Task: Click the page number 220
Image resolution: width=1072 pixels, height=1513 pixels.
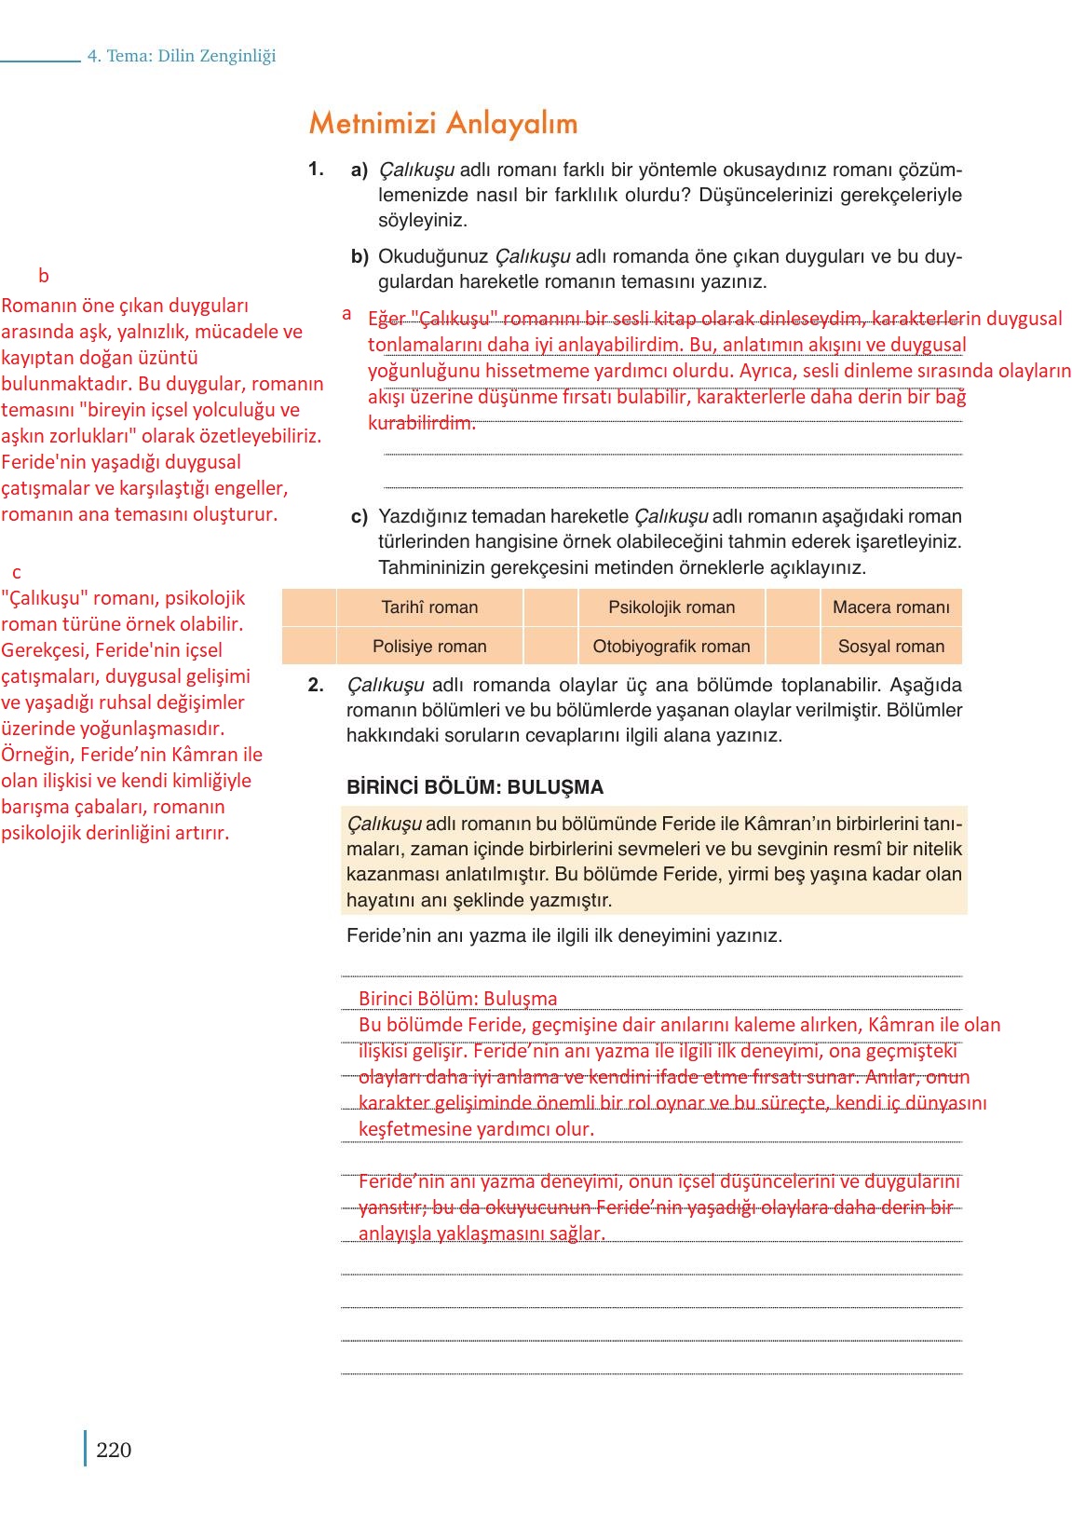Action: (x=114, y=1450)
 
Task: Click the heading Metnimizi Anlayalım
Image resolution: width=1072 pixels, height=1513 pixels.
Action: (x=443, y=123)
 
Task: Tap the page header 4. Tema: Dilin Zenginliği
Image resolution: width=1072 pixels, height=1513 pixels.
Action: (x=182, y=56)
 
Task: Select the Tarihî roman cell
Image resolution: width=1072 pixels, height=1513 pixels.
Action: (x=429, y=607)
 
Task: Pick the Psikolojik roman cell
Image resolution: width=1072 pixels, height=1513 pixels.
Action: (x=672, y=607)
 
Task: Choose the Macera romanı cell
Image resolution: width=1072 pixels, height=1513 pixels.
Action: (x=890, y=607)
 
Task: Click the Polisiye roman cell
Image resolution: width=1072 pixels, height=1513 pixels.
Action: (x=429, y=647)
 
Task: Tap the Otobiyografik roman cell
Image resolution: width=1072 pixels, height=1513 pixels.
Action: (x=672, y=647)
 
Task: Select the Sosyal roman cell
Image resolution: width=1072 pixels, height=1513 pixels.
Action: (x=890, y=647)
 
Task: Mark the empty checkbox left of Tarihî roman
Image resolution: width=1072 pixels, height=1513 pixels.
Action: (x=309, y=607)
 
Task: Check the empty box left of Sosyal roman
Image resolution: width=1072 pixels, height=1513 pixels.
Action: (x=793, y=647)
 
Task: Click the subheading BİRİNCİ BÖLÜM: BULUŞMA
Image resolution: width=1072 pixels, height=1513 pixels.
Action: (x=475, y=787)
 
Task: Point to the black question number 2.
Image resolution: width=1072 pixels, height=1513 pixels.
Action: (x=316, y=685)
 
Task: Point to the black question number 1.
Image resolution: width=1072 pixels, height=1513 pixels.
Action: (x=316, y=169)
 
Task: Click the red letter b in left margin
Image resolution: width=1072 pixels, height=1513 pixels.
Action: (x=43, y=276)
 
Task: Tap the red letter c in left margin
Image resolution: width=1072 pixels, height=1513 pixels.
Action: (x=17, y=572)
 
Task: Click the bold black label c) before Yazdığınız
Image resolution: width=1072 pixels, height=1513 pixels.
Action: (x=359, y=516)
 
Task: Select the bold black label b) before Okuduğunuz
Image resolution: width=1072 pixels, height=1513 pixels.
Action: (x=360, y=256)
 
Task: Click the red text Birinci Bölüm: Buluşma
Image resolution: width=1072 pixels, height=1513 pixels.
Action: (x=457, y=999)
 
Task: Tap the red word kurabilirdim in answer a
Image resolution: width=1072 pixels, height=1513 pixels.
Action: (x=421, y=423)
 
